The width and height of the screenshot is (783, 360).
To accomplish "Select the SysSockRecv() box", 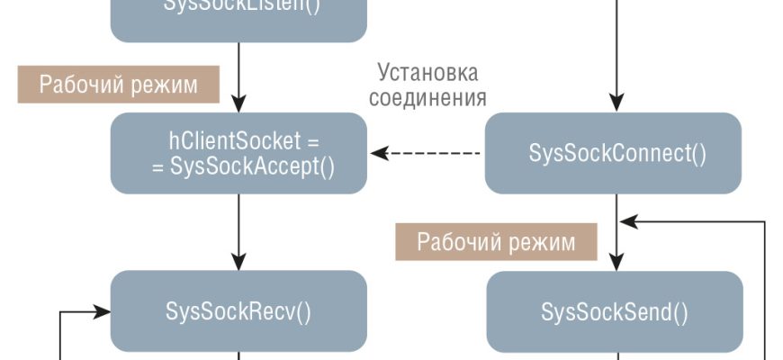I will coord(238,311).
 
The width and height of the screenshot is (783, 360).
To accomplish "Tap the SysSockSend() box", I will coord(615,311).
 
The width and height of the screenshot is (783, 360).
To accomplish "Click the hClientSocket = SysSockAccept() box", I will coord(238,153).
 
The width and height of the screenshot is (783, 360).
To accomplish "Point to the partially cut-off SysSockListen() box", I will coord(238,18).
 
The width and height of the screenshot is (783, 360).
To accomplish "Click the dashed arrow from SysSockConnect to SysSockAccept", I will coord(432,153).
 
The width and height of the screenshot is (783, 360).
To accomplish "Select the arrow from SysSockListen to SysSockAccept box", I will coord(238,76).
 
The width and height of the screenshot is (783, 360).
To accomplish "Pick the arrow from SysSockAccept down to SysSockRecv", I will coord(238,231).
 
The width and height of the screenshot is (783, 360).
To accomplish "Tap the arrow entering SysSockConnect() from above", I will coord(616,54).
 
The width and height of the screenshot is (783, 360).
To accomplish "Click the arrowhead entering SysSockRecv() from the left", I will coord(103,311).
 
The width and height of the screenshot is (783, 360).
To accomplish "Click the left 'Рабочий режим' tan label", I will coord(119,85).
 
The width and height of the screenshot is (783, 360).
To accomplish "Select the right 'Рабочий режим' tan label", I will coord(496,241).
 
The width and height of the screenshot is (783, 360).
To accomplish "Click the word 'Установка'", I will coord(427,72).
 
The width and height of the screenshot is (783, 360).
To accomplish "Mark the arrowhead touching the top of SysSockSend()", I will coord(616,264).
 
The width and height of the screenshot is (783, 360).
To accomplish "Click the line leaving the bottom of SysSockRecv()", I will coord(238,355).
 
